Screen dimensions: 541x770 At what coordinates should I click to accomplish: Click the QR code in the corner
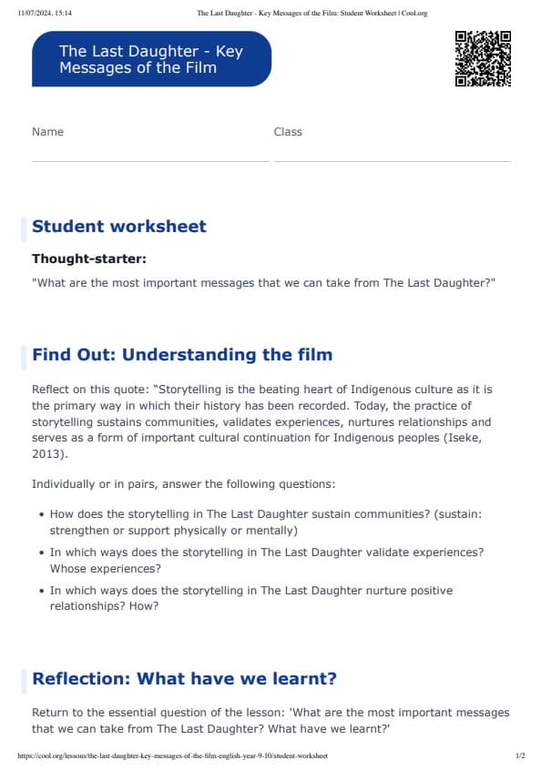coord(482,58)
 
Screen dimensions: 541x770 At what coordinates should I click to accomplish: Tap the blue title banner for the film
coord(151,59)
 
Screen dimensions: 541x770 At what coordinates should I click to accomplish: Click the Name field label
coord(47,132)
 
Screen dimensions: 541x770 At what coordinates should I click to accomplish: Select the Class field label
coord(288,132)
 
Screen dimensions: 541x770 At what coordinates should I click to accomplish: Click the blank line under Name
coord(150,161)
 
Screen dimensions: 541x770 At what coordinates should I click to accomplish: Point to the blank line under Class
coord(392,161)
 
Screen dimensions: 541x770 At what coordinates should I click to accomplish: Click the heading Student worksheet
coord(119,227)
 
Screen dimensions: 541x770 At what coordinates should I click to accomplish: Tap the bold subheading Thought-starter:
coord(89,259)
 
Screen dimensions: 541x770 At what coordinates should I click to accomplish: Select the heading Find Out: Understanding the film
coord(182,355)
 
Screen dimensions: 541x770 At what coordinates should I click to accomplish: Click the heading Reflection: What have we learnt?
coord(185,679)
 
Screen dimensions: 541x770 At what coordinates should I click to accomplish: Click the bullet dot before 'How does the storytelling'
coord(42,514)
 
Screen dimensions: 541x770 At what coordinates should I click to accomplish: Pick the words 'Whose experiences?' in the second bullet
coord(105,569)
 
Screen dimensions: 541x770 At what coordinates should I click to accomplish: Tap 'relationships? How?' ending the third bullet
coord(104,607)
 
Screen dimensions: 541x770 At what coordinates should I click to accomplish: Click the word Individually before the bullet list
coord(66,484)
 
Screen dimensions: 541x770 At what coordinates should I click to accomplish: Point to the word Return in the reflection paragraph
coord(51,713)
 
